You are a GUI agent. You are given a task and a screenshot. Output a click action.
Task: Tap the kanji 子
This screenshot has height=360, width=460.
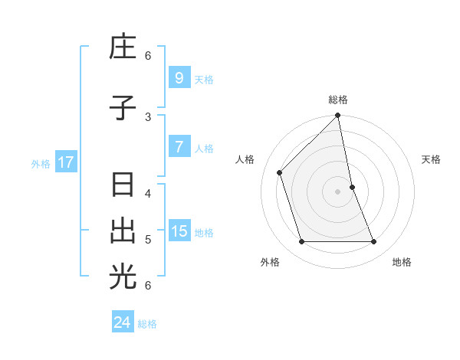(x=123, y=108)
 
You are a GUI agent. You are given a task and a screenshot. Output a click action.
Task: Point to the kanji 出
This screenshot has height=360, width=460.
(x=123, y=231)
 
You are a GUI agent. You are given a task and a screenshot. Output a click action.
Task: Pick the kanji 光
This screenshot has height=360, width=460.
(x=123, y=277)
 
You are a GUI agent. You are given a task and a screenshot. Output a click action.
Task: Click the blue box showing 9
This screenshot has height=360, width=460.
(x=179, y=77)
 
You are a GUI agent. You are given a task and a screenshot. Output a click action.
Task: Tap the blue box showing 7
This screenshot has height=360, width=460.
(x=179, y=146)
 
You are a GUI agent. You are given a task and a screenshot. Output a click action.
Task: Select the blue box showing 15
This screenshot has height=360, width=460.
(x=179, y=231)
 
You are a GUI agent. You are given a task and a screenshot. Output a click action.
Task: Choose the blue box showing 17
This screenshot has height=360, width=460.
(x=66, y=162)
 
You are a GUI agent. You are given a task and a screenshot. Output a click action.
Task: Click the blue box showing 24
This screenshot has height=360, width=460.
(x=123, y=322)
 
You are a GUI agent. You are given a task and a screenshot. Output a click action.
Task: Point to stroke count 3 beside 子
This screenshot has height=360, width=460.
(x=148, y=116)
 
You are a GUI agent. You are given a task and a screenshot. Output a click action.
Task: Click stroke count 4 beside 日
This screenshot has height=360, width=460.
(x=148, y=193)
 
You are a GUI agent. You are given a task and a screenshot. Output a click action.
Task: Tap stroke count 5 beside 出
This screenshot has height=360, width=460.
(x=148, y=239)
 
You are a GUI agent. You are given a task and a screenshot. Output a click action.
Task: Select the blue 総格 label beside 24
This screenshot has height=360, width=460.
(x=147, y=324)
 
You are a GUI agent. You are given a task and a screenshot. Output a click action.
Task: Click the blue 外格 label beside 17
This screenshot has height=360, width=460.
(x=41, y=164)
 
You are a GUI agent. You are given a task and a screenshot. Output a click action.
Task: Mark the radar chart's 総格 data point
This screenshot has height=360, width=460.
(x=338, y=116)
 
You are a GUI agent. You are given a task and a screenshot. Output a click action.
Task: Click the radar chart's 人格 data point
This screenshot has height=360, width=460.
(x=280, y=172)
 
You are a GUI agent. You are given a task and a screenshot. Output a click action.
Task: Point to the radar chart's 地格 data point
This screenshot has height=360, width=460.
(x=374, y=242)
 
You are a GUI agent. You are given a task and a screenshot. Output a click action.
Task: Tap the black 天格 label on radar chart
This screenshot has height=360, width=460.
(x=432, y=159)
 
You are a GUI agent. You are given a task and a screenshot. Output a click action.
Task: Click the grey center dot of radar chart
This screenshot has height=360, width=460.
(x=338, y=191)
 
